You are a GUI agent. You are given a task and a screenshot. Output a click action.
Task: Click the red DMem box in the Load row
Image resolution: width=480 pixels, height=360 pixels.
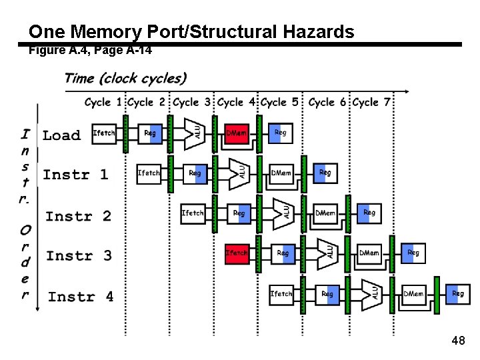click(237, 133)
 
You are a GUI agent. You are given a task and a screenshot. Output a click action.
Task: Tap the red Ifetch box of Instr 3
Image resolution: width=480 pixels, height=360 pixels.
click(237, 253)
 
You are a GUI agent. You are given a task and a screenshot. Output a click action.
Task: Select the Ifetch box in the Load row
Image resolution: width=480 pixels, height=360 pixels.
click(104, 133)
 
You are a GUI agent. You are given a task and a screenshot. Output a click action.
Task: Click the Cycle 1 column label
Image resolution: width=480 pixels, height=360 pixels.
click(103, 103)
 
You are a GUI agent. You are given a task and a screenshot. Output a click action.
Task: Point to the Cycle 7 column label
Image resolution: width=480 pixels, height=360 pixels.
click(371, 103)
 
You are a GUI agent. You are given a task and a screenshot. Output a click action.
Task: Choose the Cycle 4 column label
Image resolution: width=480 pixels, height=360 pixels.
click(237, 103)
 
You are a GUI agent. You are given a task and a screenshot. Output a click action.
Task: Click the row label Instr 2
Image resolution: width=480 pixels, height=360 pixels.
click(78, 216)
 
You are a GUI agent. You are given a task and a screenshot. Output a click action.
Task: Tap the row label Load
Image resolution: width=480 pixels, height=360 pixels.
click(61, 135)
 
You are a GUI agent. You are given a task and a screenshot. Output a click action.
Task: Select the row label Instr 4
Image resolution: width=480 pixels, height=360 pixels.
click(81, 297)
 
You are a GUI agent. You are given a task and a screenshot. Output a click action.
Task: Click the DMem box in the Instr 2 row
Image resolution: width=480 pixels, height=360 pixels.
click(325, 213)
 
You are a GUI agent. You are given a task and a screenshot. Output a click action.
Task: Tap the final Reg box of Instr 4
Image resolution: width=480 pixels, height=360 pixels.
click(457, 293)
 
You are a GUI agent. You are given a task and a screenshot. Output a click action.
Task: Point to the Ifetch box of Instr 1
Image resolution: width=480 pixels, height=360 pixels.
click(149, 173)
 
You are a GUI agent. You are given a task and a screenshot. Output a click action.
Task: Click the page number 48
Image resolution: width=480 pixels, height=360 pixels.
click(458, 341)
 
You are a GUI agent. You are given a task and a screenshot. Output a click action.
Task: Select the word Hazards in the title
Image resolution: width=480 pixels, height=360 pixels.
click(318, 31)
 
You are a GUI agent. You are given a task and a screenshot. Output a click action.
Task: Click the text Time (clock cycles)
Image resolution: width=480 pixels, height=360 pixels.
click(125, 78)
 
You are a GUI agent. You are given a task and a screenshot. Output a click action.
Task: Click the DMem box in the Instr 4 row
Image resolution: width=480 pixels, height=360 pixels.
click(413, 293)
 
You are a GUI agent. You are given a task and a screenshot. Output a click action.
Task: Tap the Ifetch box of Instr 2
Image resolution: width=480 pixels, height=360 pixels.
click(193, 213)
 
